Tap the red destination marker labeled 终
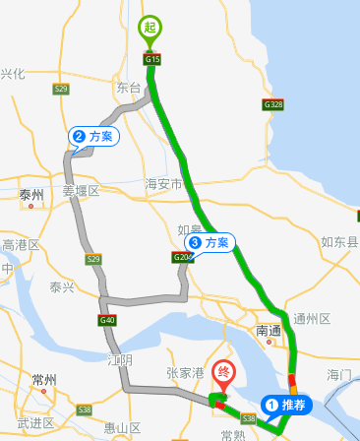224,373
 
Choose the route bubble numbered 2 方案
93,136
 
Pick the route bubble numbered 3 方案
210,241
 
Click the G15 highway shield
151,59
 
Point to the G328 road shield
273,103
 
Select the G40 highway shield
107,320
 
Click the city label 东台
129,88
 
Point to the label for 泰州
32,196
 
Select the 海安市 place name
163,184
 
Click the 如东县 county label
339,240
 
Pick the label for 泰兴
61,287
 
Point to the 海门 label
338,375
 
